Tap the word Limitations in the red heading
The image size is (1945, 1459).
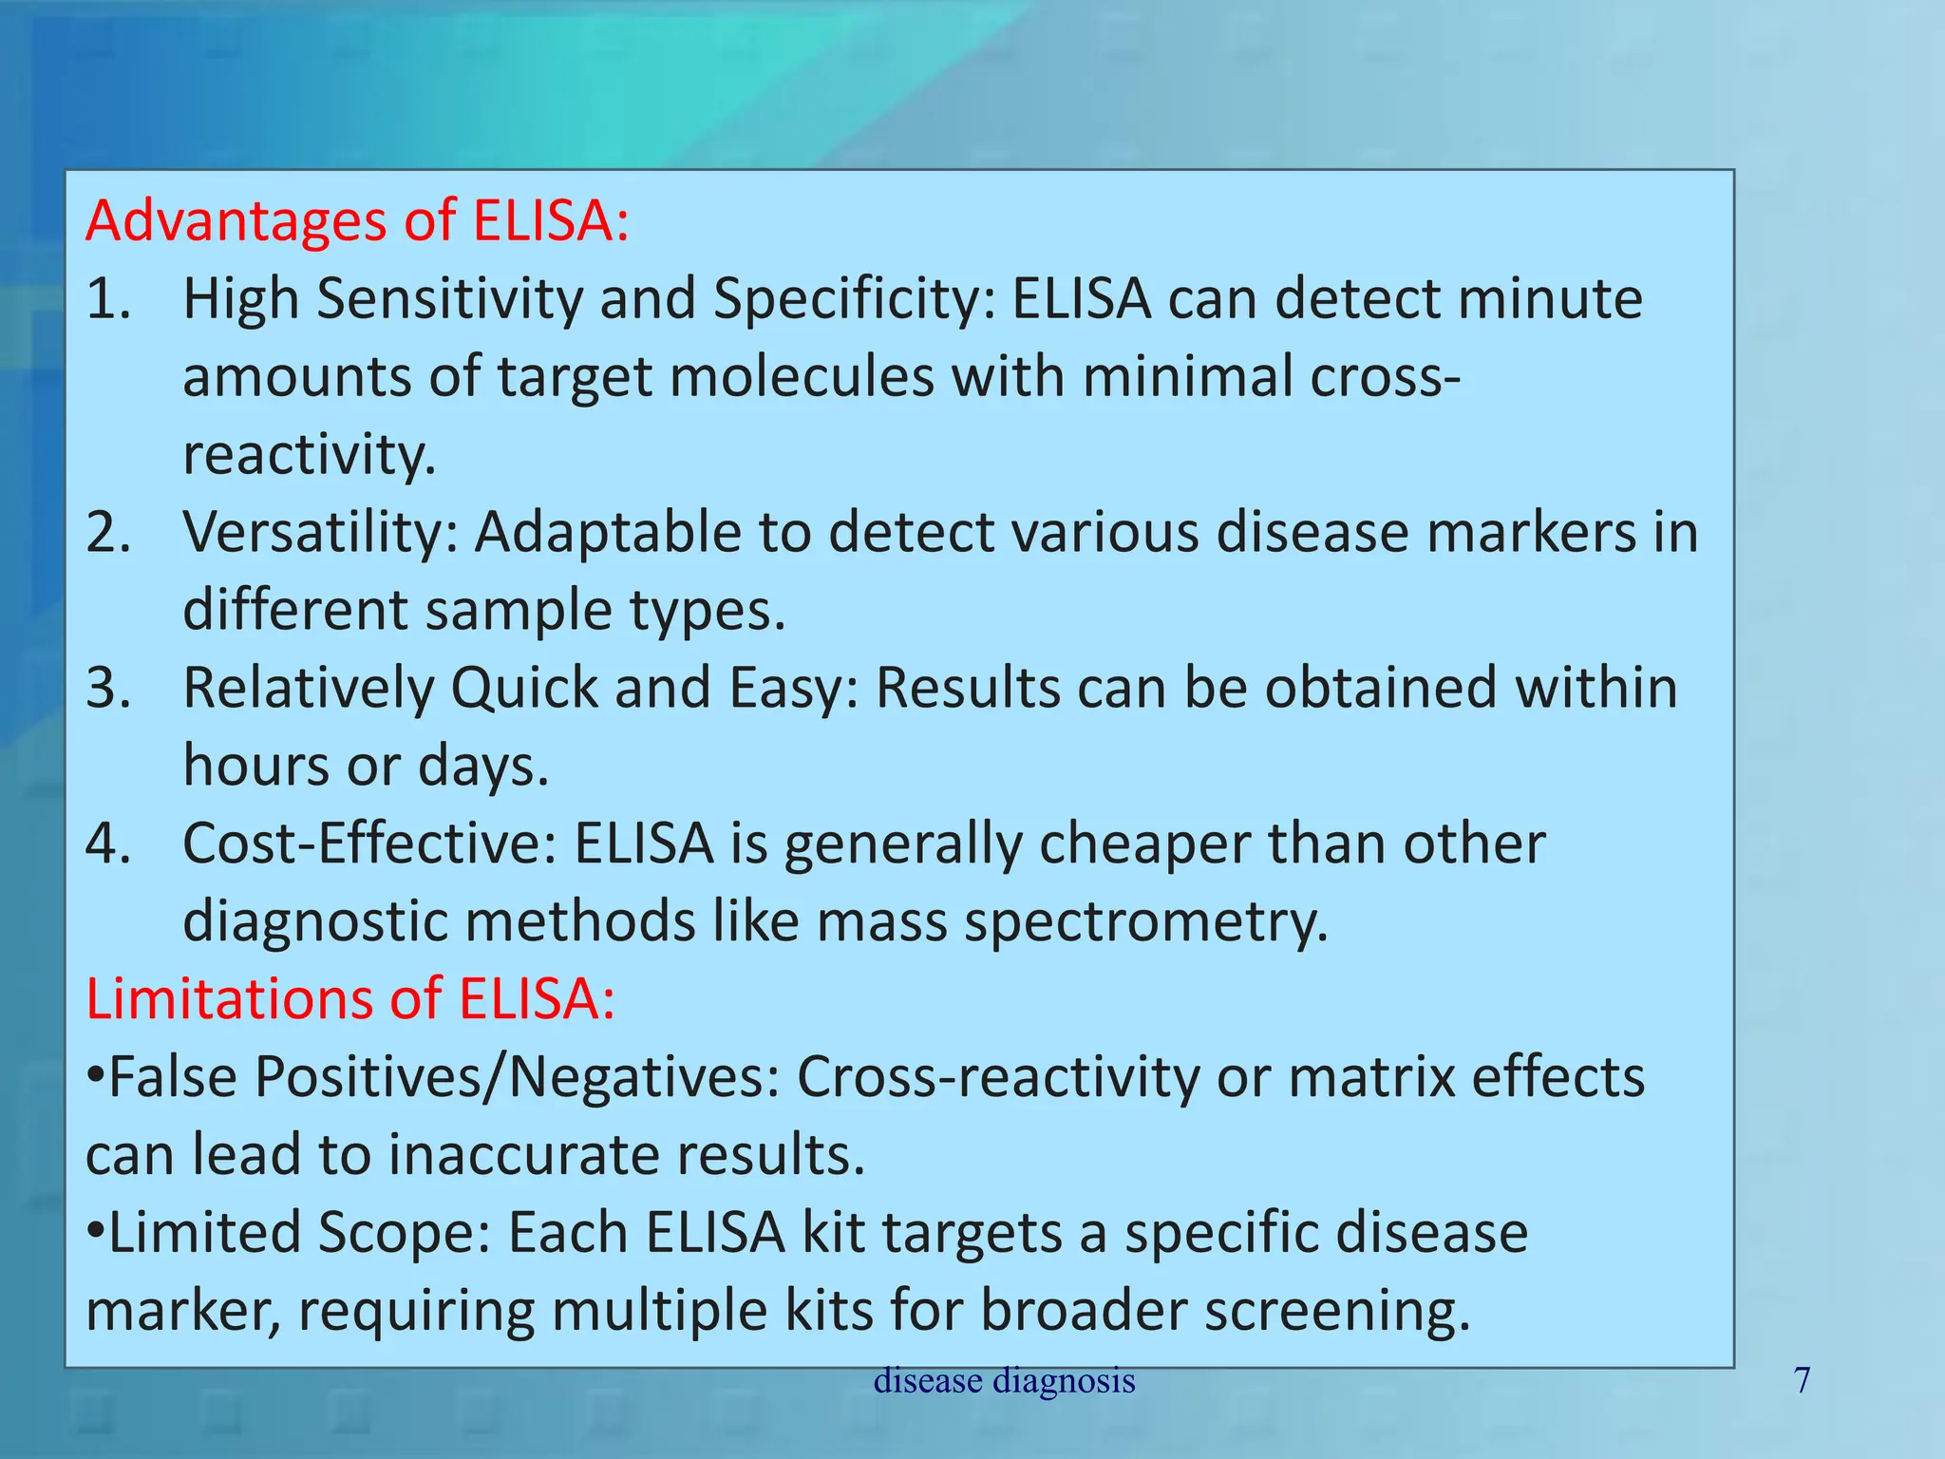(x=263, y=999)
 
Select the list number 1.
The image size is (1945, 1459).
(x=106, y=299)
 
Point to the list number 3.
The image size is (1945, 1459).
(x=107, y=688)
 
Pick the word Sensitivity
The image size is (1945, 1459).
(x=449, y=299)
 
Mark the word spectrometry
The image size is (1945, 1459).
(x=1146, y=921)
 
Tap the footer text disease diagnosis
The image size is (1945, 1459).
(x=1004, y=1380)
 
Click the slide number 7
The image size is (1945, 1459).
(x=1802, y=1380)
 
